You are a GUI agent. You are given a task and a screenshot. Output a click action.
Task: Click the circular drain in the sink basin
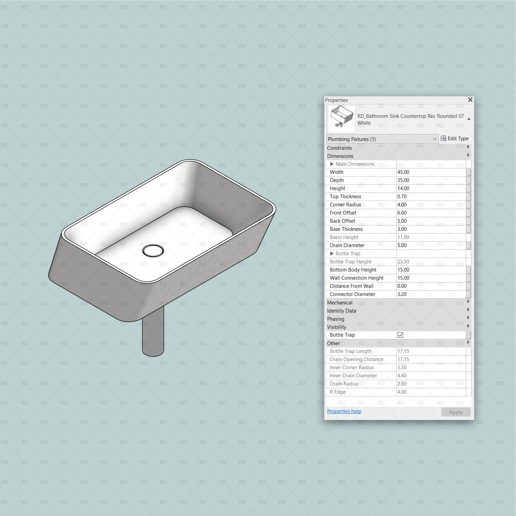tap(153, 251)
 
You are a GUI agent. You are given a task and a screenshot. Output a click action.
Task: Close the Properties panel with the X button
tap(470, 100)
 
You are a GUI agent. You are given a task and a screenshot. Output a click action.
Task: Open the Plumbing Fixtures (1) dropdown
tap(382, 139)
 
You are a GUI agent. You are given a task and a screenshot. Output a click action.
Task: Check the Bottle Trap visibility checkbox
tap(400, 335)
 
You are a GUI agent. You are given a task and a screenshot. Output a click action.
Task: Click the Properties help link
tap(344, 411)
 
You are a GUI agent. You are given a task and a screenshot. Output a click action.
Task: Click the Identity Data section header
tap(342, 311)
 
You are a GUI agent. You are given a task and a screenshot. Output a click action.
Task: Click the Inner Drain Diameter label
tap(353, 376)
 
